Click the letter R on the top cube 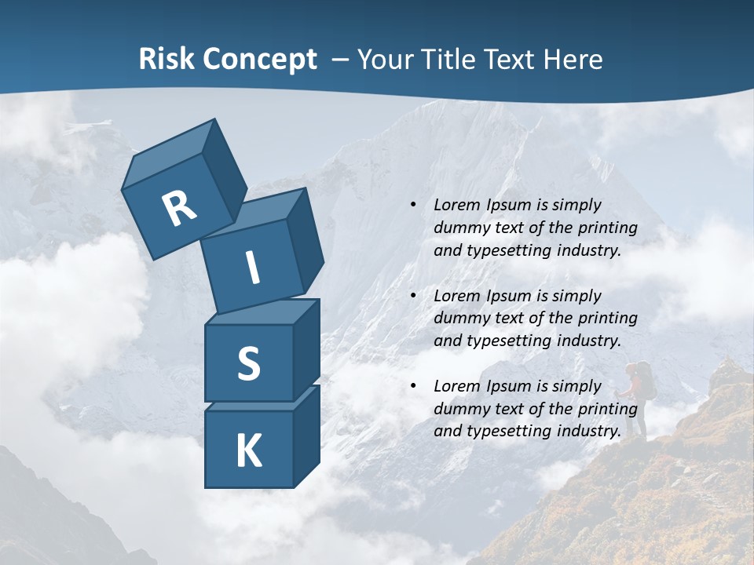(179, 209)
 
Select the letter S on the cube (248, 363)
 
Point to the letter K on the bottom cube (248, 451)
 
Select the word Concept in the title (258, 60)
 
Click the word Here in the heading (573, 60)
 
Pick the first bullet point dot (413, 205)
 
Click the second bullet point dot (413, 296)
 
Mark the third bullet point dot (413, 386)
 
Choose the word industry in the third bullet (588, 431)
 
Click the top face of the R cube (169, 154)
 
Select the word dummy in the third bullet (459, 409)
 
